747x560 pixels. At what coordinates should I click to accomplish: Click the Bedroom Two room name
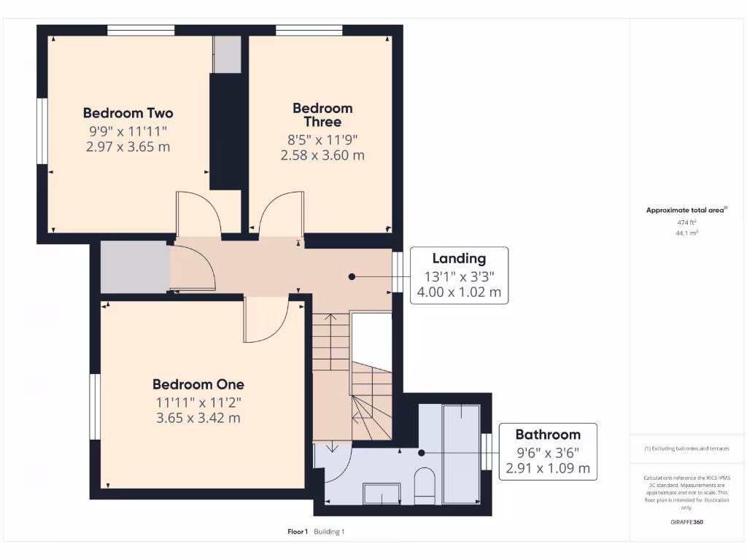[x=128, y=113]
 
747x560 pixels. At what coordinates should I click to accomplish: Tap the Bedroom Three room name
[x=322, y=115]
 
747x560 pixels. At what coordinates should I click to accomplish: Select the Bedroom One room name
[x=198, y=384]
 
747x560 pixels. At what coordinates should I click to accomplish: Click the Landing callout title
[x=459, y=258]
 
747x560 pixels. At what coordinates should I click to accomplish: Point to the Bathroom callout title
[x=548, y=434]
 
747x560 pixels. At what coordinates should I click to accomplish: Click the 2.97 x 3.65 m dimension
[x=128, y=147]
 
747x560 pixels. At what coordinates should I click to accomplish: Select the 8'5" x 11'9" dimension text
[x=322, y=139]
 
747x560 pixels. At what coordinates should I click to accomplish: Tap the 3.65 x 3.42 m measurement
[x=198, y=418]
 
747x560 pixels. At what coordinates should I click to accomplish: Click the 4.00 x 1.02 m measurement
[x=459, y=292]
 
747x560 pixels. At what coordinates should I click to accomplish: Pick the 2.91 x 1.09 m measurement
[x=548, y=468]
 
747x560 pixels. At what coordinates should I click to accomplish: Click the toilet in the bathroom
[x=424, y=486]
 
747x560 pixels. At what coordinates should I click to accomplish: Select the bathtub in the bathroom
[x=461, y=452]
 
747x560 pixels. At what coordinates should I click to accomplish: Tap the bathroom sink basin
[x=382, y=494]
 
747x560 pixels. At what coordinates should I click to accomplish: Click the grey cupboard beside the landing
[x=134, y=267]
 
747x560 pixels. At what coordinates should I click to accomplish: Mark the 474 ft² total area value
[x=686, y=222]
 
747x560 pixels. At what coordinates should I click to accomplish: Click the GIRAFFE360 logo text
[x=687, y=522]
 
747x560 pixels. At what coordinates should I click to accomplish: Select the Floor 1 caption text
[x=298, y=532]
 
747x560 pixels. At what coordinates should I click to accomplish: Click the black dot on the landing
[x=352, y=277]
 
